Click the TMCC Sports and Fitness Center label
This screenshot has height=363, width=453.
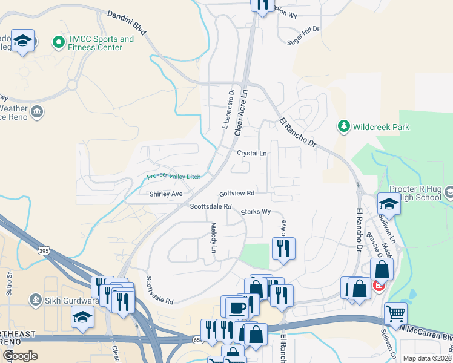(101, 43)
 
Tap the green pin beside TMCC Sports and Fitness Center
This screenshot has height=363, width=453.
(59, 42)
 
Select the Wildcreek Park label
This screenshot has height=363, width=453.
(382, 127)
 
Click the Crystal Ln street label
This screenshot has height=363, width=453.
(251, 154)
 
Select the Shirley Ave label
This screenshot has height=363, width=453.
(166, 194)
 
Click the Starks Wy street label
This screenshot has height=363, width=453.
(255, 212)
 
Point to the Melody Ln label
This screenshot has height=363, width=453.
(213, 238)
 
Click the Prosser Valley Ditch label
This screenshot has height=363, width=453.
(173, 177)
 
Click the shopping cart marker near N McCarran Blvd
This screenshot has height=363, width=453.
(395, 313)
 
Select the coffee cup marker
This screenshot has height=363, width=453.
(237, 307)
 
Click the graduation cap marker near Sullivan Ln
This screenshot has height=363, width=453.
(389, 203)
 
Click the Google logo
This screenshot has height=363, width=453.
(21, 356)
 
